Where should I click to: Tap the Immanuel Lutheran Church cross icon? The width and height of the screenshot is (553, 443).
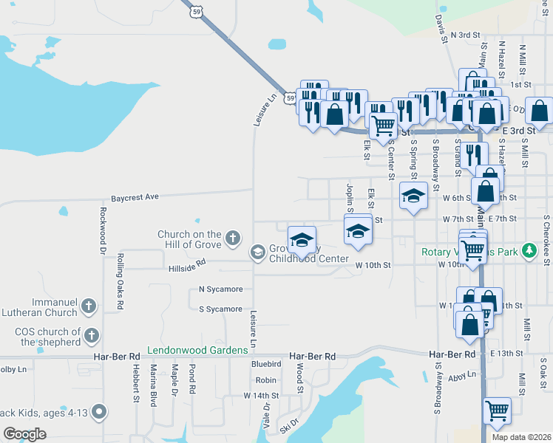89,306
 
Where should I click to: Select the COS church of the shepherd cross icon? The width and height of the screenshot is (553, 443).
92,336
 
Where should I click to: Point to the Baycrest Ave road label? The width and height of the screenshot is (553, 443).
135,198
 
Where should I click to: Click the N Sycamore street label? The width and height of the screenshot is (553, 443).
220,289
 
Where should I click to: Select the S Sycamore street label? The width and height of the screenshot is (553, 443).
220,309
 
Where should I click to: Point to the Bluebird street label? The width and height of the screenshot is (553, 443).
266,364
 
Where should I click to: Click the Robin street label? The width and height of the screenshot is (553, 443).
265,380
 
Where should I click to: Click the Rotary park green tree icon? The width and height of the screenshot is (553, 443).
529,251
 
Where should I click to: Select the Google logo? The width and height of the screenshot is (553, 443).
24,434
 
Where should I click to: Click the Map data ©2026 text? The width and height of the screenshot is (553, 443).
521,437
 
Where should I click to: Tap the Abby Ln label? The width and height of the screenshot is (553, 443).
462,376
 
